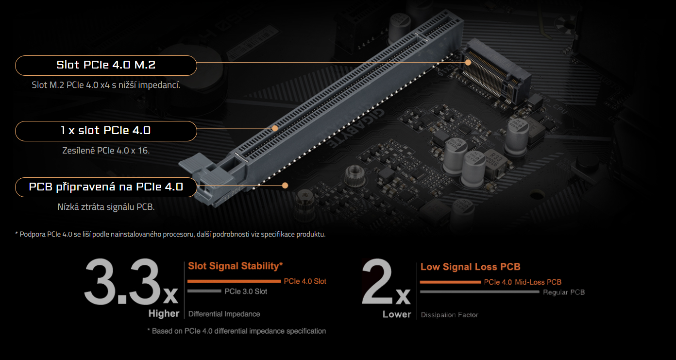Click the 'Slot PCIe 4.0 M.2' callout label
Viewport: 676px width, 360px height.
106,66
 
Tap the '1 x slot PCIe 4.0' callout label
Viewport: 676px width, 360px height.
106,131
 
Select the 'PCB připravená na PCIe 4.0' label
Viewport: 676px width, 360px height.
106,187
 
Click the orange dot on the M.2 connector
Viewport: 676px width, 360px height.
468,62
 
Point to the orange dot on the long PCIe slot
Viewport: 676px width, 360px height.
274,128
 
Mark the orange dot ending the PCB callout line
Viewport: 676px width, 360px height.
285,185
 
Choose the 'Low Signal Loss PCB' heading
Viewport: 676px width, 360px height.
470,267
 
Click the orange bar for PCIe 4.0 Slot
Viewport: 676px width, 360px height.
234,281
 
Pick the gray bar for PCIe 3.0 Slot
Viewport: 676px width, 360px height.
204,291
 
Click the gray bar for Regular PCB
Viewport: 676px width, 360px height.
479,292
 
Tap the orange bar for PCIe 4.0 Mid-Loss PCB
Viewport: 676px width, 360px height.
450,282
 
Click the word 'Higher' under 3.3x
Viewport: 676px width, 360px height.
164,314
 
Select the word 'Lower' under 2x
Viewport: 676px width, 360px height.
397,314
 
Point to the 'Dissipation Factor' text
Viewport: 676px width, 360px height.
450,315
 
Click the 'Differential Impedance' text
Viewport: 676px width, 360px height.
224,314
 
